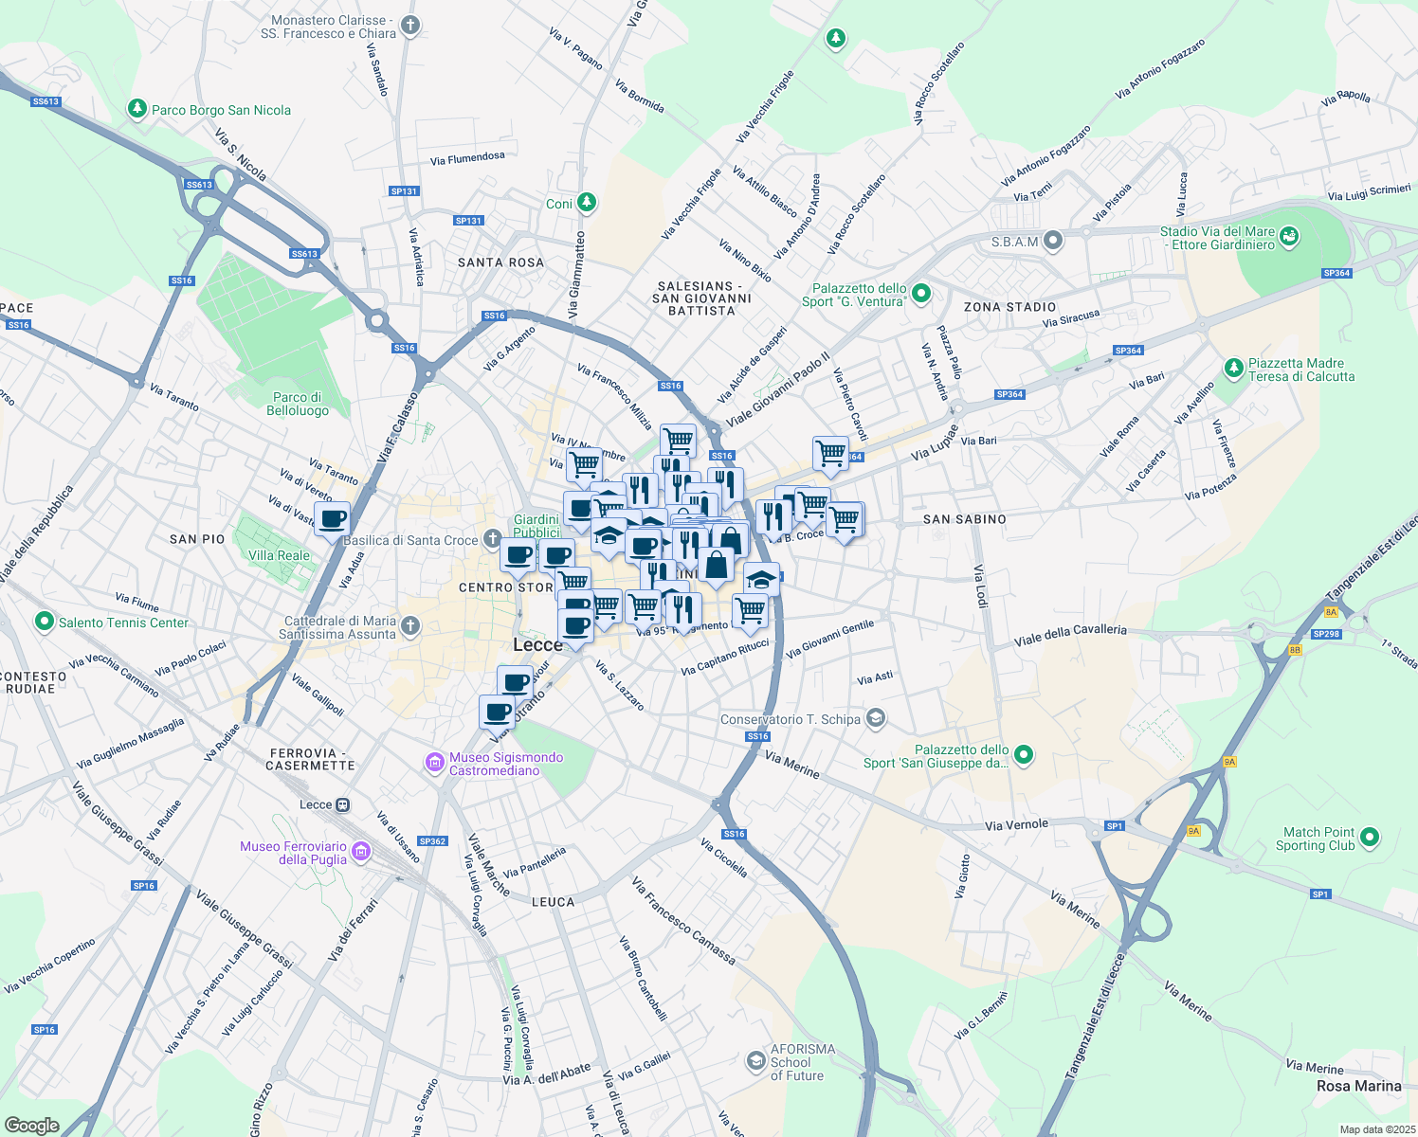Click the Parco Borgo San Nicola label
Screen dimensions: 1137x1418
[221, 110]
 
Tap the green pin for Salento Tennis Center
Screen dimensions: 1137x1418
[44, 623]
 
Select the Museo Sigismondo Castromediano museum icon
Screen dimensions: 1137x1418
[435, 763]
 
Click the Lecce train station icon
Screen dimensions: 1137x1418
[343, 804]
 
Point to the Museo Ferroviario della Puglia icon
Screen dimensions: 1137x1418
[361, 853]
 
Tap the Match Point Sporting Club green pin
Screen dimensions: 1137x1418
[1369, 838]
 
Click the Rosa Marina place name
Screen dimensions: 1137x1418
[1358, 1086]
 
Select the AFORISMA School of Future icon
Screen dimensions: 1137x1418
[755, 1060]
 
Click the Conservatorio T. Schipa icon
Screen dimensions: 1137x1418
[876, 718]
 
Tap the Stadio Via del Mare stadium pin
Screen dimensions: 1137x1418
[1289, 236]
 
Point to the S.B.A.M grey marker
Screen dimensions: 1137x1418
[1053, 241]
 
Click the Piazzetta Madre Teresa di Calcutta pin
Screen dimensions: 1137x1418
[1233, 368]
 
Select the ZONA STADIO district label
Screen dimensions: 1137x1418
[1009, 307]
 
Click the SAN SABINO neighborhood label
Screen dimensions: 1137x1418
[964, 519]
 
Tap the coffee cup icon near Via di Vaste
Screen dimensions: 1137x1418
[333, 519]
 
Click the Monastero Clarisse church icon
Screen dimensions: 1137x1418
[409, 26]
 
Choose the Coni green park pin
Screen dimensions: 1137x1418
[587, 202]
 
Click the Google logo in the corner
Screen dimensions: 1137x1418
[31, 1125]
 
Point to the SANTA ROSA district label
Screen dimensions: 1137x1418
[500, 262]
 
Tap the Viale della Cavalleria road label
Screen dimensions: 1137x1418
[1070, 635]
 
